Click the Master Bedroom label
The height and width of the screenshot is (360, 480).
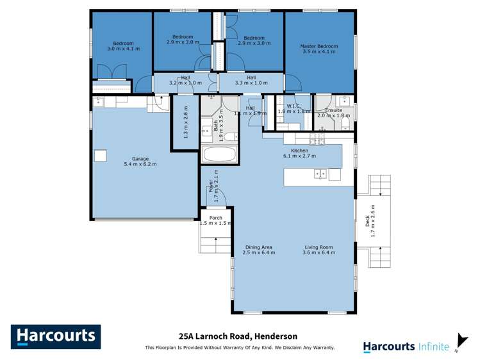pyautogui.click(x=319, y=46)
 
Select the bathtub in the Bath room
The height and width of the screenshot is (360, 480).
pyautogui.click(x=219, y=154)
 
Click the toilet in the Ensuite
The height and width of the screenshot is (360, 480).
pyautogui.click(x=344, y=122)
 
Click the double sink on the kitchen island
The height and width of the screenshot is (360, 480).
pyautogui.click(x=319, y=174)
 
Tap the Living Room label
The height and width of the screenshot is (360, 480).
pyautogui.click(x=318, y=247)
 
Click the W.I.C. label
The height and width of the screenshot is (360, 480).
pyautogui.click(x=294, y=106)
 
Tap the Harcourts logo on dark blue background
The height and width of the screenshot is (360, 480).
pyautogui.click(x=56, y=336)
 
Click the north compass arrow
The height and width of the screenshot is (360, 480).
pyautogui.click(x=461, y=341)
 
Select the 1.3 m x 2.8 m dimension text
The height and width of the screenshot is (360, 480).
pyautogui.click(x=186, y=122)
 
